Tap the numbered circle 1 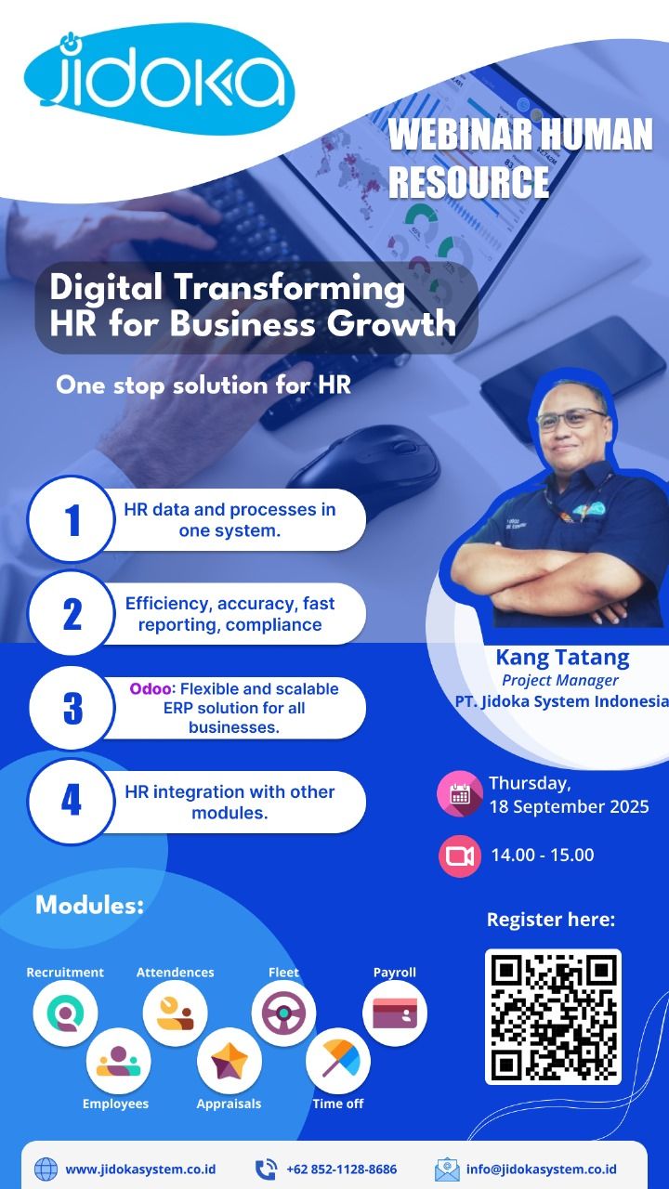pos(72,519)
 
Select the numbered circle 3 pos(72,708)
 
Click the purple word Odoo pos(151,688)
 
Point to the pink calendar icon pos(460,793)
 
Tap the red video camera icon pos(460,856)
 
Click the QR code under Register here pos(553,1016)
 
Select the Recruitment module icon pos(65,1013)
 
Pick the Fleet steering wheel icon pos(283,1013)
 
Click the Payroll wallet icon pos(395,1013)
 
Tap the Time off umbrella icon pos(338,1061)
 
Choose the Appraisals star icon pos(230,1061)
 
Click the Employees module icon pos(118,1061)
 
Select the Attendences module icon pos(176,1013)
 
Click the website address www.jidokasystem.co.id pos(140,1169)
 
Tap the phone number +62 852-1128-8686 pos(341,1169)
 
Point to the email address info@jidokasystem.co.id pos(542,1169)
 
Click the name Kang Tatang pos(563,658)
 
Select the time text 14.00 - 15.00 pos(542,856)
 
